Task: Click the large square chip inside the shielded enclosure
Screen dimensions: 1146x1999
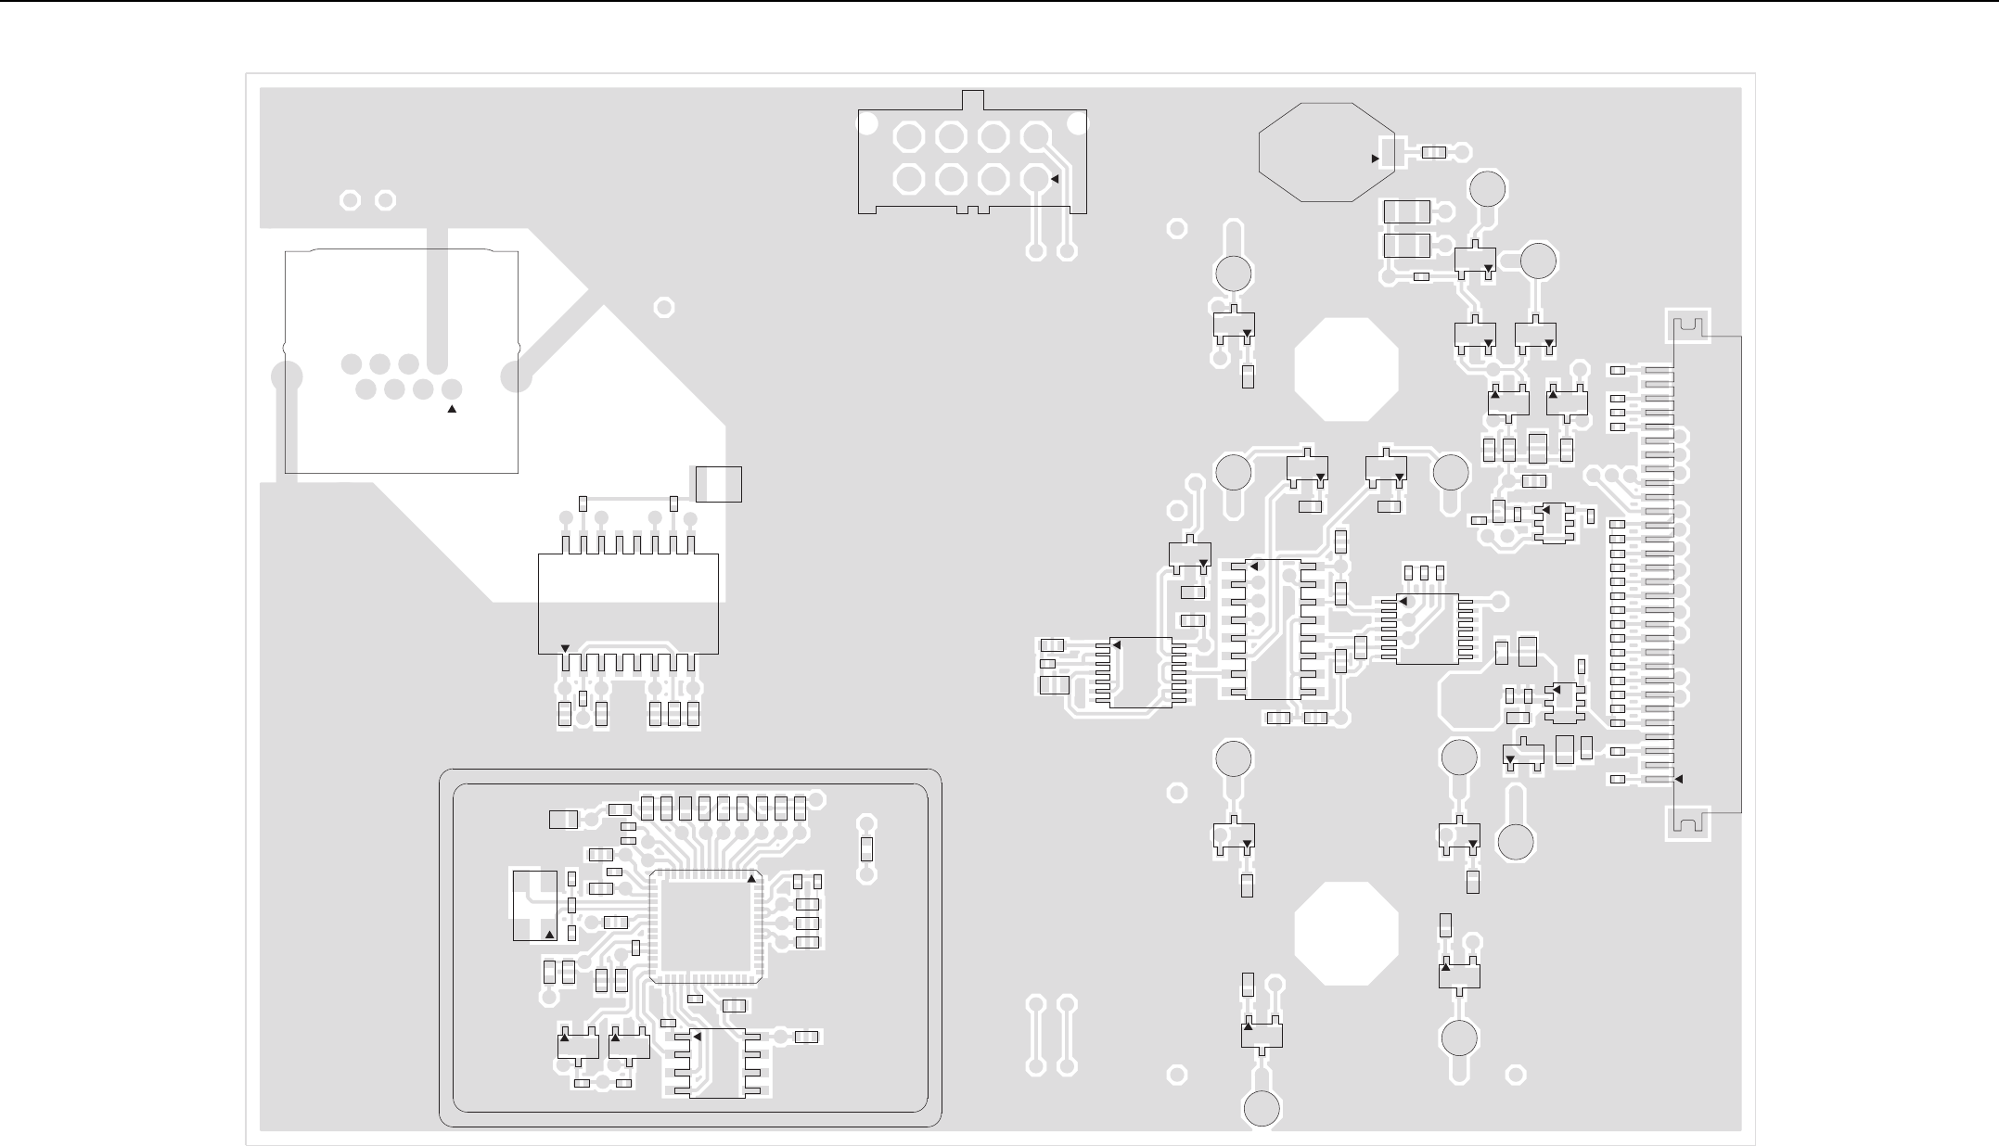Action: [x=706, y=926]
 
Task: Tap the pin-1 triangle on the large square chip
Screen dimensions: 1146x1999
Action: [x=751, y=877]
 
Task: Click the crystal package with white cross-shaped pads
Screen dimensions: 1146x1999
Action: [x=535, y=905]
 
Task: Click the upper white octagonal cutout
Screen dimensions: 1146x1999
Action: [x=1345, y=369]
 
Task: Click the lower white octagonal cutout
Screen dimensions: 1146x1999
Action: [x=1345, y=933]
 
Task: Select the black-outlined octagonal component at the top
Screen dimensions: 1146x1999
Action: [x=1325, y=151]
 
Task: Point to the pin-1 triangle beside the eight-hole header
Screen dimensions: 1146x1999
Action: [x=1055, y=178]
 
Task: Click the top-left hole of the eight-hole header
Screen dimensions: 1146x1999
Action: [x=908, y=138]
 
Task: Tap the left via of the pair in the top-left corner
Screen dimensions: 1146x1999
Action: [x=351, y=200]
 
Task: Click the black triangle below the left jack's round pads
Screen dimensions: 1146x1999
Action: [x=453, y=409]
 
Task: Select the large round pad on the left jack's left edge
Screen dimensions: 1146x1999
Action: [x=287, y=376]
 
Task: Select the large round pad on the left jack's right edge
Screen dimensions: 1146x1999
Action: [x=516, y=376]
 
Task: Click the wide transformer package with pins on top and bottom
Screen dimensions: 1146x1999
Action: [x=628, y=604]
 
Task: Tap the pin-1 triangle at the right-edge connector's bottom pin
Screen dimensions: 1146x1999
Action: [x=1677, y=779]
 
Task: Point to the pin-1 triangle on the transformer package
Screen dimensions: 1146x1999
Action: [x=566, y=647]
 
